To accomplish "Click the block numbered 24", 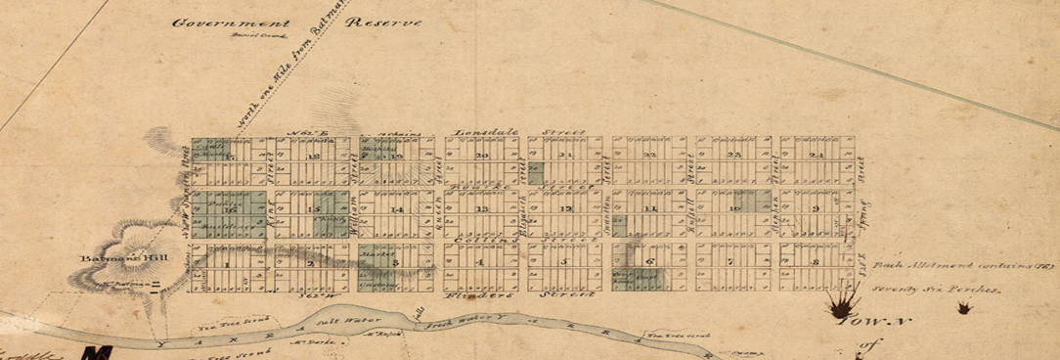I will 817,156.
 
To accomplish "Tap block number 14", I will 396,209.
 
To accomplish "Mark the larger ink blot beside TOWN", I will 838,309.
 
